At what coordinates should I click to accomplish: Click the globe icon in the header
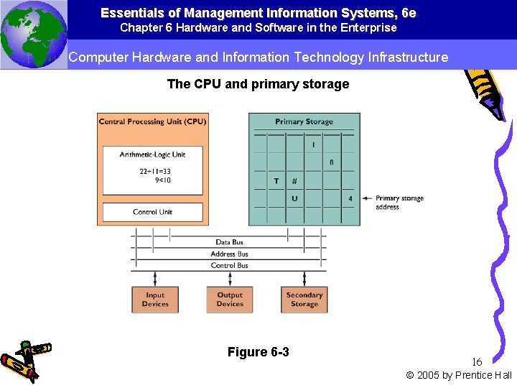[x=33, y=34]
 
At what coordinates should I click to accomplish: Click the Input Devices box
[x=155, y=299]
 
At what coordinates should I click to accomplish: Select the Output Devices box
[x=230, y=299]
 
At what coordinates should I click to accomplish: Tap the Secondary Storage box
[x=304, y=299]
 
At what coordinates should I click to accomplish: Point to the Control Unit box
[x=152, y=212]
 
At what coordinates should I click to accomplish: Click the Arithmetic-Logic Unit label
[x=152, y=154]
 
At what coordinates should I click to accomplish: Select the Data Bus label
[x=229, y=242]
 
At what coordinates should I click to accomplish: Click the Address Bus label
[x=229, y=254]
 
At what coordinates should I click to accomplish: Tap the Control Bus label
[x=229, y=265]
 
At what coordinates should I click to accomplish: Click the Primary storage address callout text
[x=399, y=203]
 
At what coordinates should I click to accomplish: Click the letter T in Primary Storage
[x=276, y=181]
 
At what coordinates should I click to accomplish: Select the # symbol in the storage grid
[x=294, y=181]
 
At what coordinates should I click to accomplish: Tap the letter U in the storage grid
[x=294, y=198]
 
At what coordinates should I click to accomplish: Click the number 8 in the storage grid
[x=331, y=162]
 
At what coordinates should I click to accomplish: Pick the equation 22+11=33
[x=155, y=171]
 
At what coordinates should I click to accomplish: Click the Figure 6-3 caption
[x=258, y=351]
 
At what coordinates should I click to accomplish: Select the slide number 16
[x=477, y=361]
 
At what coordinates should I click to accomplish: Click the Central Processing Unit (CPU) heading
[x=152, y=121]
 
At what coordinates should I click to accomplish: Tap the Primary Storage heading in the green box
[x=304, y=121]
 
